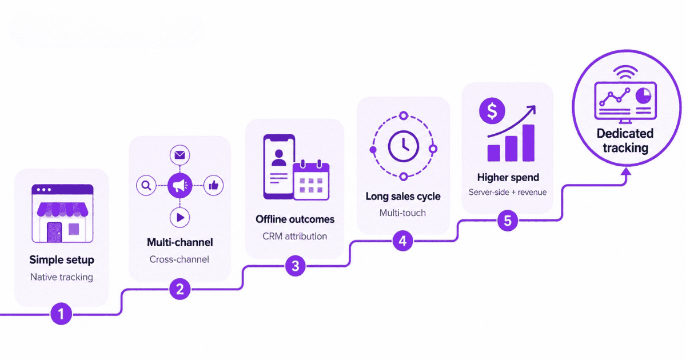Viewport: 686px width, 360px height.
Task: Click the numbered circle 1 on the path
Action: (61, 314)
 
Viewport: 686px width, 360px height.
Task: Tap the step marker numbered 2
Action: (180, 289)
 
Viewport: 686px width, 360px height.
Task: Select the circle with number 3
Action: (295, 266)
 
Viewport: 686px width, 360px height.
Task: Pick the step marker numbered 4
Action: (402, 241)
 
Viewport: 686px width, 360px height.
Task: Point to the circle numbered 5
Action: (508, 221)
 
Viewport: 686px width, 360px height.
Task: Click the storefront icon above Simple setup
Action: (62, 213)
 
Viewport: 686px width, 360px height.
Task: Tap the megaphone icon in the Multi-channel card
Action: (180, 185)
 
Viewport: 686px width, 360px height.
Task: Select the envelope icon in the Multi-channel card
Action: (180, 155)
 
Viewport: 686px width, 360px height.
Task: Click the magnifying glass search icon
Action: (146, 186)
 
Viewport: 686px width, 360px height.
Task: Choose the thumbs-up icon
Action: (213, 185)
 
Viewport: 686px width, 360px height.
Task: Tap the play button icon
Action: (180, 218)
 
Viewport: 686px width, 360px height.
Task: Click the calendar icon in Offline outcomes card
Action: (311, 181)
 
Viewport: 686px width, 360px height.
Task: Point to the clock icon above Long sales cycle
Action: (404, 147)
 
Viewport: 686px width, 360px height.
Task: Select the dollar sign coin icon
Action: (492, 111)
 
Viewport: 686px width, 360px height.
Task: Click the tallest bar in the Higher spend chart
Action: (528, 143)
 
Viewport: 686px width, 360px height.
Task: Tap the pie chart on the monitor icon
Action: (644, 96)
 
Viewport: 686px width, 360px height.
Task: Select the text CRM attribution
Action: (294, 237)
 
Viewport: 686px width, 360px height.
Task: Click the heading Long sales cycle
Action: (403, 196)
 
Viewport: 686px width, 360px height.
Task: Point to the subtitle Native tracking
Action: (62, 277)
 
